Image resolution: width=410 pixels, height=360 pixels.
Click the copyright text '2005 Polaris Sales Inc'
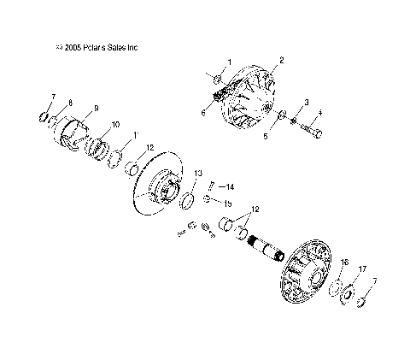tap(97, 48)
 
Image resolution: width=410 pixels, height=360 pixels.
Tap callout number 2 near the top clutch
tap(280, 61)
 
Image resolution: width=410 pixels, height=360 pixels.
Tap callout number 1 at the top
tap(229, 64)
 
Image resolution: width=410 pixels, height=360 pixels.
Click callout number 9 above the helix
tap(96, 108)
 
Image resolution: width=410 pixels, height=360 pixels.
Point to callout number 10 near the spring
tap(114, 126)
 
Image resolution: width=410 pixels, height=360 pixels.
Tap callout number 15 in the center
tap(228, 204)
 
